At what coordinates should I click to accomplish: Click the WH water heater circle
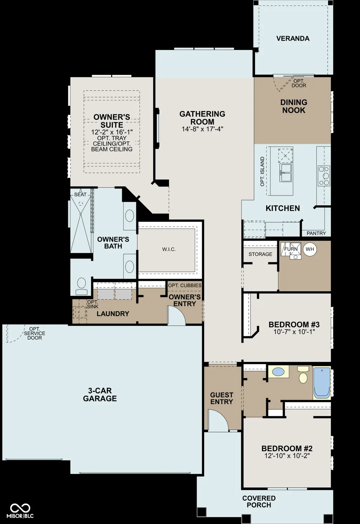point(310,249)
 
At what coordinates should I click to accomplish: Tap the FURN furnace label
point(291,249)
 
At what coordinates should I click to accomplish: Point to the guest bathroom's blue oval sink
point(279,371)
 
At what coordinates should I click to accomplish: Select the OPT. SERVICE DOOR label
point(35,334)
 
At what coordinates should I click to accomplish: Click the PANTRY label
point(316,233)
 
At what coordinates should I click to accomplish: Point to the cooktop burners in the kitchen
point(324,176)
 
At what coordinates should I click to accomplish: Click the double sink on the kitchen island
point(286,173)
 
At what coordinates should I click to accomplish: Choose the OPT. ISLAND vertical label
point(262,172)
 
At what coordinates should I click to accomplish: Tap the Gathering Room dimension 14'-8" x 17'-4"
point(202,129)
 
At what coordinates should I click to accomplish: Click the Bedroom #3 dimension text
point(294,332)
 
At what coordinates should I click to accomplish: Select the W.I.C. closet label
point(169,250)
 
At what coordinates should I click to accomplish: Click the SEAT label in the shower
point(80,194)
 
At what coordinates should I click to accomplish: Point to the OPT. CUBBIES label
point(185,285)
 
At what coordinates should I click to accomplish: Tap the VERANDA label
point(293,38)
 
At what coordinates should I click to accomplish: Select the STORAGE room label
point(260,254)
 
